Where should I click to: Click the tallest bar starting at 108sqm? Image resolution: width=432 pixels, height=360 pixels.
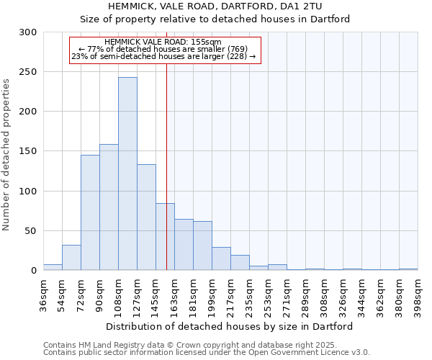click(x=127, y=174)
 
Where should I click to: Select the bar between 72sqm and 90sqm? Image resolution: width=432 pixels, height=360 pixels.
click(x=90, y=212)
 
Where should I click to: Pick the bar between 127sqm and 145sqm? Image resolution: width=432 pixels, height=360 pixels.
click(x=146, y=217)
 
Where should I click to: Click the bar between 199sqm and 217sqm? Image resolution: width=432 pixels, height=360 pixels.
click(x=221, y=258)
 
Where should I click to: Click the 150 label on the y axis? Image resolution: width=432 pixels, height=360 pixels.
click(x=28, y=151)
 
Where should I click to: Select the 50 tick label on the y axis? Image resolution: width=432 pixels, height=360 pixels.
click(x=31, y=231)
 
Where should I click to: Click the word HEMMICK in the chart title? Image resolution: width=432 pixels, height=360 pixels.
click(x=131, y=6)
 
